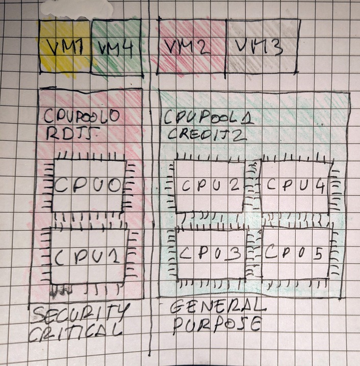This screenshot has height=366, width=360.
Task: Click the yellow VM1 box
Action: click(65, 46)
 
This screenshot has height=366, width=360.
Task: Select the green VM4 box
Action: click(116, 46)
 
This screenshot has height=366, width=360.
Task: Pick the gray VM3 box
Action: click(260, 46)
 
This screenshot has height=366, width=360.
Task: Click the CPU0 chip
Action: click(90, 186)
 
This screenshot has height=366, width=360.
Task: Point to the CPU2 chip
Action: click(209, 186)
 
